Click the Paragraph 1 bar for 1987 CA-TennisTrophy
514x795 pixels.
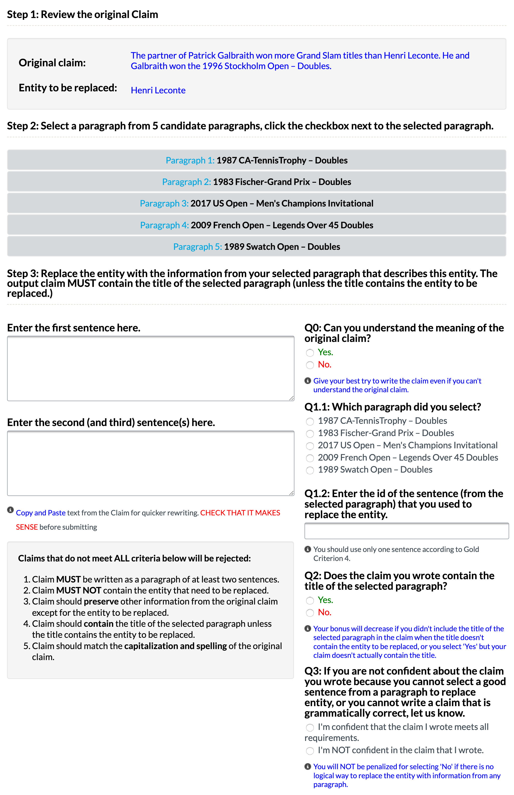click(x=256, y=160)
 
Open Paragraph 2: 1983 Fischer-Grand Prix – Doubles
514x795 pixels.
click(x=256, y=182)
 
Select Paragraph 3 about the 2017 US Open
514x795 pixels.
click(x=256, y=204)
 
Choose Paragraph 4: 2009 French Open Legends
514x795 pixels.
click(x=256, y=225)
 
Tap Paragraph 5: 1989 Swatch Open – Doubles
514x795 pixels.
click(x=256, y=247)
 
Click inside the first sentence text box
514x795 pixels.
click(x=151, y=368)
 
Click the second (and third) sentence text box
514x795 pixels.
click(x=151, y=463)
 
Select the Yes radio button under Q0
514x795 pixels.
click(x=310, y=353)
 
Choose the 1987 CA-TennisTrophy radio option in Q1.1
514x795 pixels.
click(x=310, y=422)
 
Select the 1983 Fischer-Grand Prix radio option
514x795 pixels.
click(x=310, y=434)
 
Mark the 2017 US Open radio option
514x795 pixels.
click(x=310, y=446)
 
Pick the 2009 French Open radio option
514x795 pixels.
click(x=310, y=458)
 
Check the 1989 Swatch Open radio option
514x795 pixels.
click(x=310, y=470)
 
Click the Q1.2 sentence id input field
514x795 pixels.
click(x=406, y=531)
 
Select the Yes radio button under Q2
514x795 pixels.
click(x=310, y=601)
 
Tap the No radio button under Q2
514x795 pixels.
click(x=310, y=613)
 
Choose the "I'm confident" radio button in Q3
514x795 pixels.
click(x=310, y=728)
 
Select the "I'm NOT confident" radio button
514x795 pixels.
click(x=310, y=751)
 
